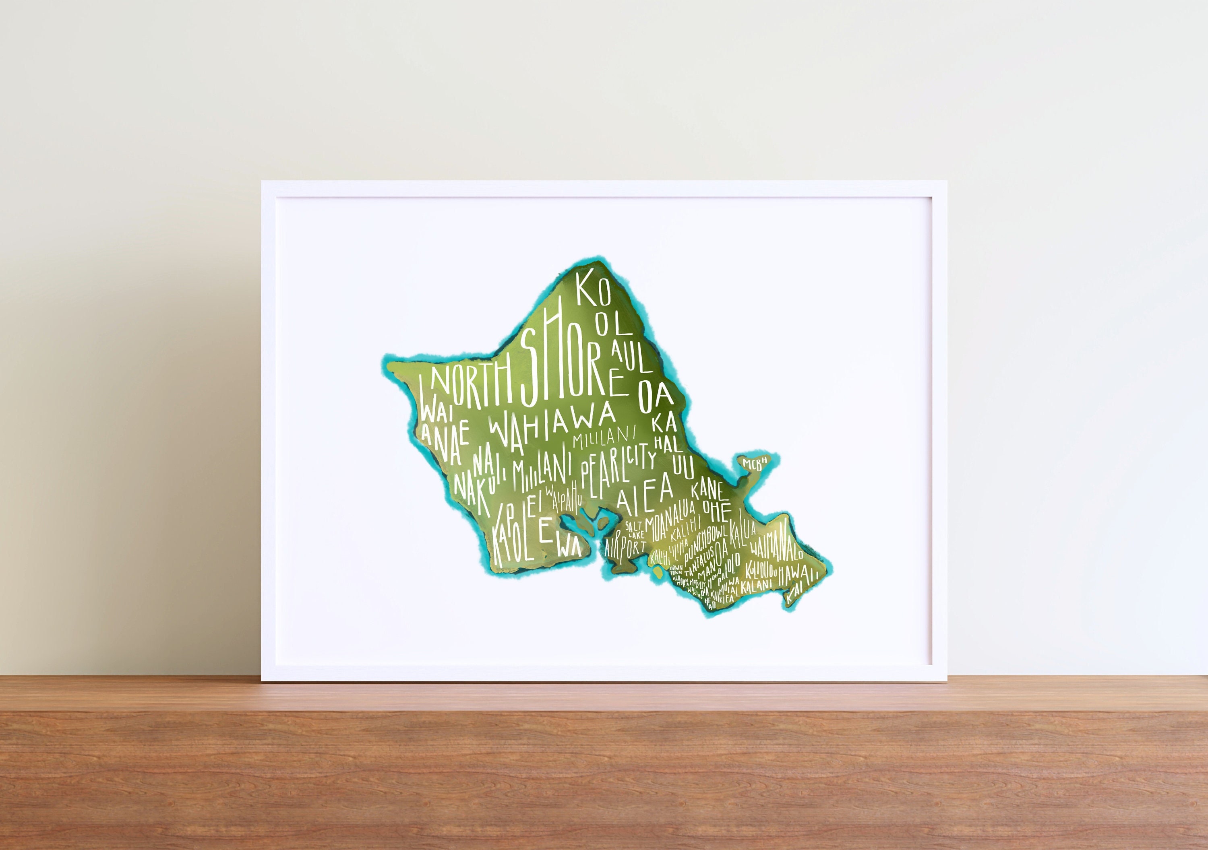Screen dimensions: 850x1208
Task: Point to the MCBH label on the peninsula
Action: click(755, 462)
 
